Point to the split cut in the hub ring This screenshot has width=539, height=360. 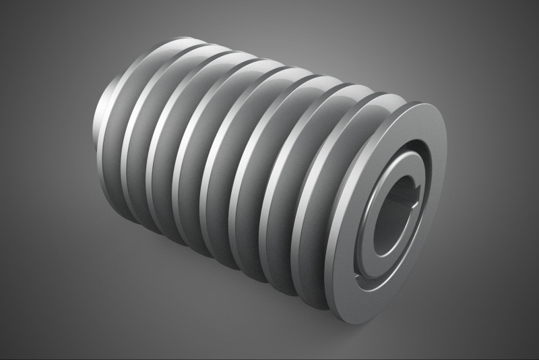pos(369,274)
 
